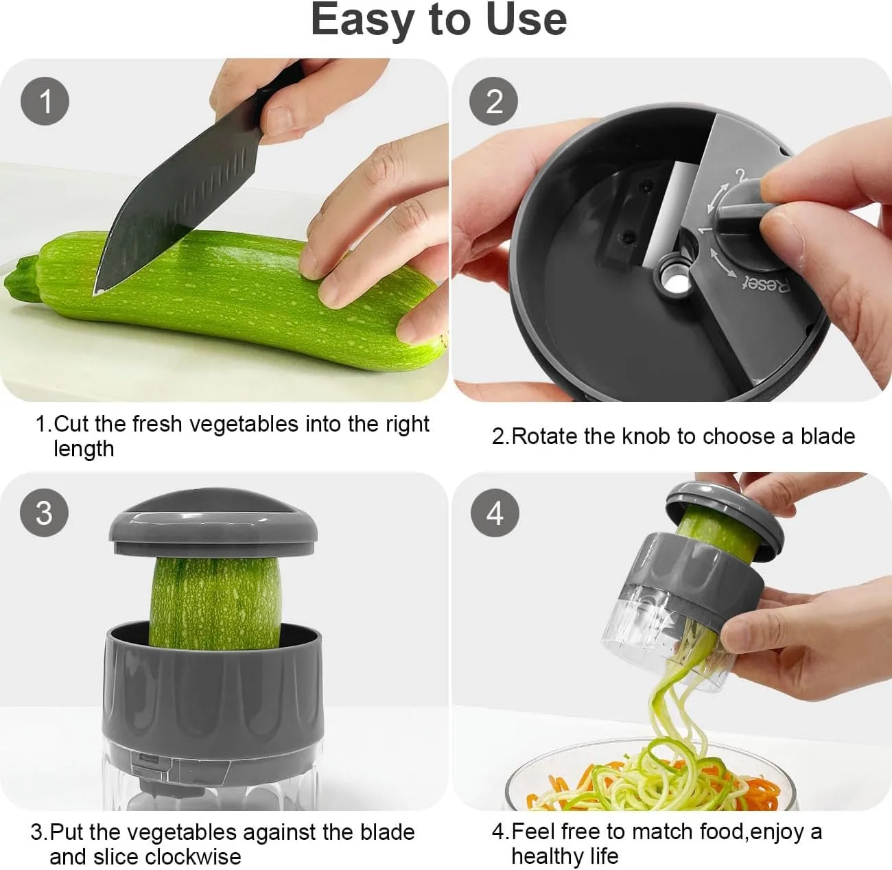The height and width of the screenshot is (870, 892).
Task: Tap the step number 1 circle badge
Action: click(x=45, y=102)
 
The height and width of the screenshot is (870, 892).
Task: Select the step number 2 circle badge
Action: click(x=494, y=102)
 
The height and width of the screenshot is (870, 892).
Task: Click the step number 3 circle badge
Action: click(x=44, y=513)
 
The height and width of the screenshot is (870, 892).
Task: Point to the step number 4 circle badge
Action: click(x=495, y=513)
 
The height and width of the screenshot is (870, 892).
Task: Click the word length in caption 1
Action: click(x=84, y=449)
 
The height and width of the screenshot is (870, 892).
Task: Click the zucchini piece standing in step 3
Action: click(x=215, y=600)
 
